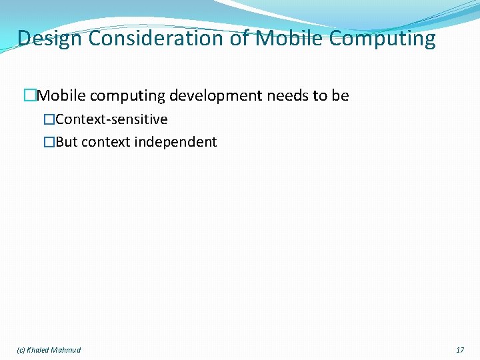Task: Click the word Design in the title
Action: [50, 39]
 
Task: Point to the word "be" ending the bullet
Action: [340, 96]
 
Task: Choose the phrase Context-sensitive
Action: [112, 120]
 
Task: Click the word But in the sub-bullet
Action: [67, 142]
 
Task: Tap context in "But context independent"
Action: [107, 142]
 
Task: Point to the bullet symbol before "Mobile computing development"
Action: [29, 96]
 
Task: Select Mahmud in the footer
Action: [67, 350]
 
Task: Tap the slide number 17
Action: [460, 350]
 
